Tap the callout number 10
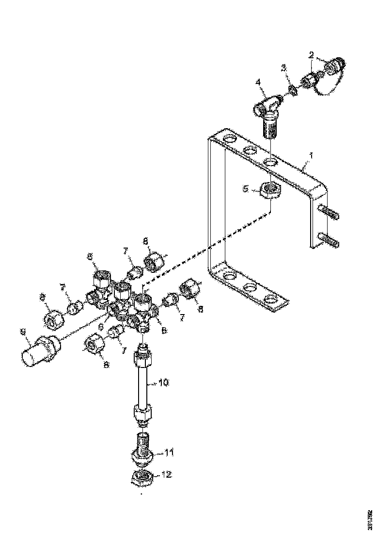[x=164, y=383]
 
